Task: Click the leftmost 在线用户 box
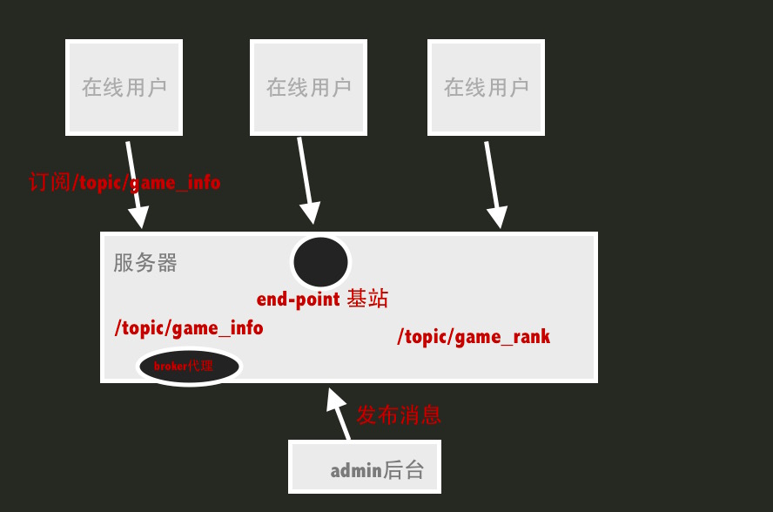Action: (x=124, y=87)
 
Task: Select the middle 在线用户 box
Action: (x=308, y=87)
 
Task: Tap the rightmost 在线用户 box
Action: (x=486, y=87)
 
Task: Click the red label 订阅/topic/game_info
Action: (x=124, y=183)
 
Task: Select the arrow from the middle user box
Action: (x=305, y=179)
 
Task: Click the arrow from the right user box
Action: (x=493, y=183)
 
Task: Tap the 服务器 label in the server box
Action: (x=145, y=263)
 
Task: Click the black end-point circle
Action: (x=320, y=261)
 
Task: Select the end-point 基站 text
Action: (x=322, y=300)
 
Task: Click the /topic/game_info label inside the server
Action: (x=189, y=328)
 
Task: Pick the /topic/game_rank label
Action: (x=474, y=336)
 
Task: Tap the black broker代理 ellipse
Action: (x=188, y=366)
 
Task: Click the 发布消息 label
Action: (x=399, y=415)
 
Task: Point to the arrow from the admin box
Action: (x=339, y=414)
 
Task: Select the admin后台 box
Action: (x=365, y=467)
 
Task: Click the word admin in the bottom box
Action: (x=356, y=471)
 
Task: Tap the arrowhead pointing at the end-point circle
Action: (x=310, y=213)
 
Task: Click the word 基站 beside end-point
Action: (x=367, y=300)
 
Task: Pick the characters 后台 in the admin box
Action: (x=404, y=471)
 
